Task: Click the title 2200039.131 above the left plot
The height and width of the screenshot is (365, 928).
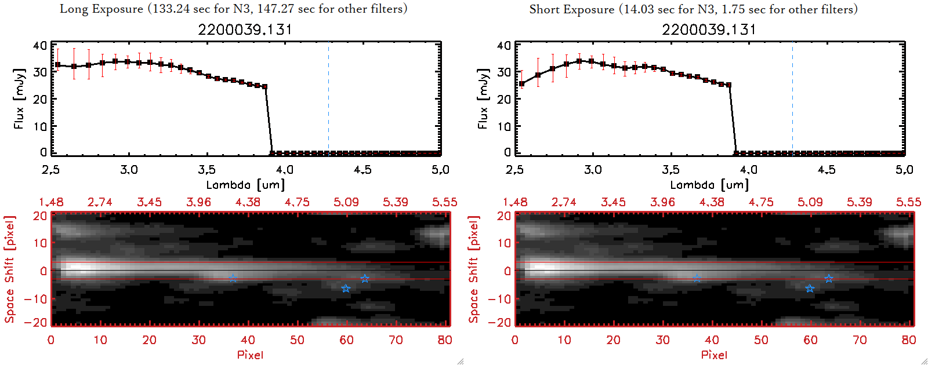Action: click(x=245, y=30)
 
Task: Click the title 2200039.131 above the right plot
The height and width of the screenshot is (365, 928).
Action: click(x=709, y=30)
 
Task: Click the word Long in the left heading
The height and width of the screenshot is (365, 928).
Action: click(x=73, y=9)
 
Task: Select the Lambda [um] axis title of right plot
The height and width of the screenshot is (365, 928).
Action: click(x=709, y=185)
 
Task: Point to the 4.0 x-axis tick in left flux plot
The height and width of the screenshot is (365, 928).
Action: click(x=284, y=170)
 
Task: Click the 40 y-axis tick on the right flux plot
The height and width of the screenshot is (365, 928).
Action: click(x=504, y=45)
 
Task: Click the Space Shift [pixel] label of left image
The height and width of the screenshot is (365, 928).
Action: click(x=10, y=269)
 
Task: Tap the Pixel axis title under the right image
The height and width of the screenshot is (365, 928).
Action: click(x=714, y=355)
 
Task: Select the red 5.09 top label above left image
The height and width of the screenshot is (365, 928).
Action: click(x=346, y=202)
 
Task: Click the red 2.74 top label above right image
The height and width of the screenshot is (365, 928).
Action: click(x=564, y=202)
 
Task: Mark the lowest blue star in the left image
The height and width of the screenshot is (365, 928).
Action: click(x=346, y=289)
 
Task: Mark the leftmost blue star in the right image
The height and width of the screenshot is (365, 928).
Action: click(x=697, y=279)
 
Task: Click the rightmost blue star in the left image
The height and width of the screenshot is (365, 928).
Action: click(x=364, y=279)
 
